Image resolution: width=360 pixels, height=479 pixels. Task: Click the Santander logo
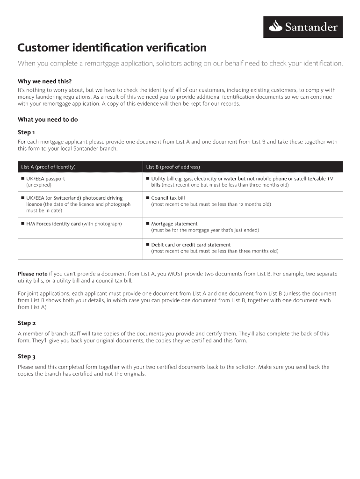[303, 27]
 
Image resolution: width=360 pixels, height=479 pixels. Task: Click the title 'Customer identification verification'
[112, 48]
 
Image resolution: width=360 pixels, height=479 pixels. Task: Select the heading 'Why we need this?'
[45, 80]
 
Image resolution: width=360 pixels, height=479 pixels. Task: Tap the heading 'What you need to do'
[48, 119]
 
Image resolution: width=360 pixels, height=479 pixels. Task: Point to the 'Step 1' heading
[26, 132]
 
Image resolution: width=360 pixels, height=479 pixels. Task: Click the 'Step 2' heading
[27, 323]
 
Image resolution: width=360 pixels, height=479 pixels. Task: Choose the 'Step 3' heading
[27, 356]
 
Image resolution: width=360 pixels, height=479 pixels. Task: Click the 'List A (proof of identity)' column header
[49, 167]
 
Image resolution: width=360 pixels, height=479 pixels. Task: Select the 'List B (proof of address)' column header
[173, 167]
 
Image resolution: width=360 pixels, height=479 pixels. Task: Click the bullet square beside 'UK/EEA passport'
[22, 179]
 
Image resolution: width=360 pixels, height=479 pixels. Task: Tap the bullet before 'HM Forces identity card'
[22, 224]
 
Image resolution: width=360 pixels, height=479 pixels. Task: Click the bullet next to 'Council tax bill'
[147, 198]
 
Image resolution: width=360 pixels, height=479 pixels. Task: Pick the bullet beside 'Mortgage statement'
[147, 224]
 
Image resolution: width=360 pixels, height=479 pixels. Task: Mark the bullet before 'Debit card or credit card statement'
[147, 245]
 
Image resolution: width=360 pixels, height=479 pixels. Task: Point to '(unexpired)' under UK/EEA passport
[39, 185]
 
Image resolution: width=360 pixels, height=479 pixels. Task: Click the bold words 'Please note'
[33, 274]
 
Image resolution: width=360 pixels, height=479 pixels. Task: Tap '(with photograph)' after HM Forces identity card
[102, 224]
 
